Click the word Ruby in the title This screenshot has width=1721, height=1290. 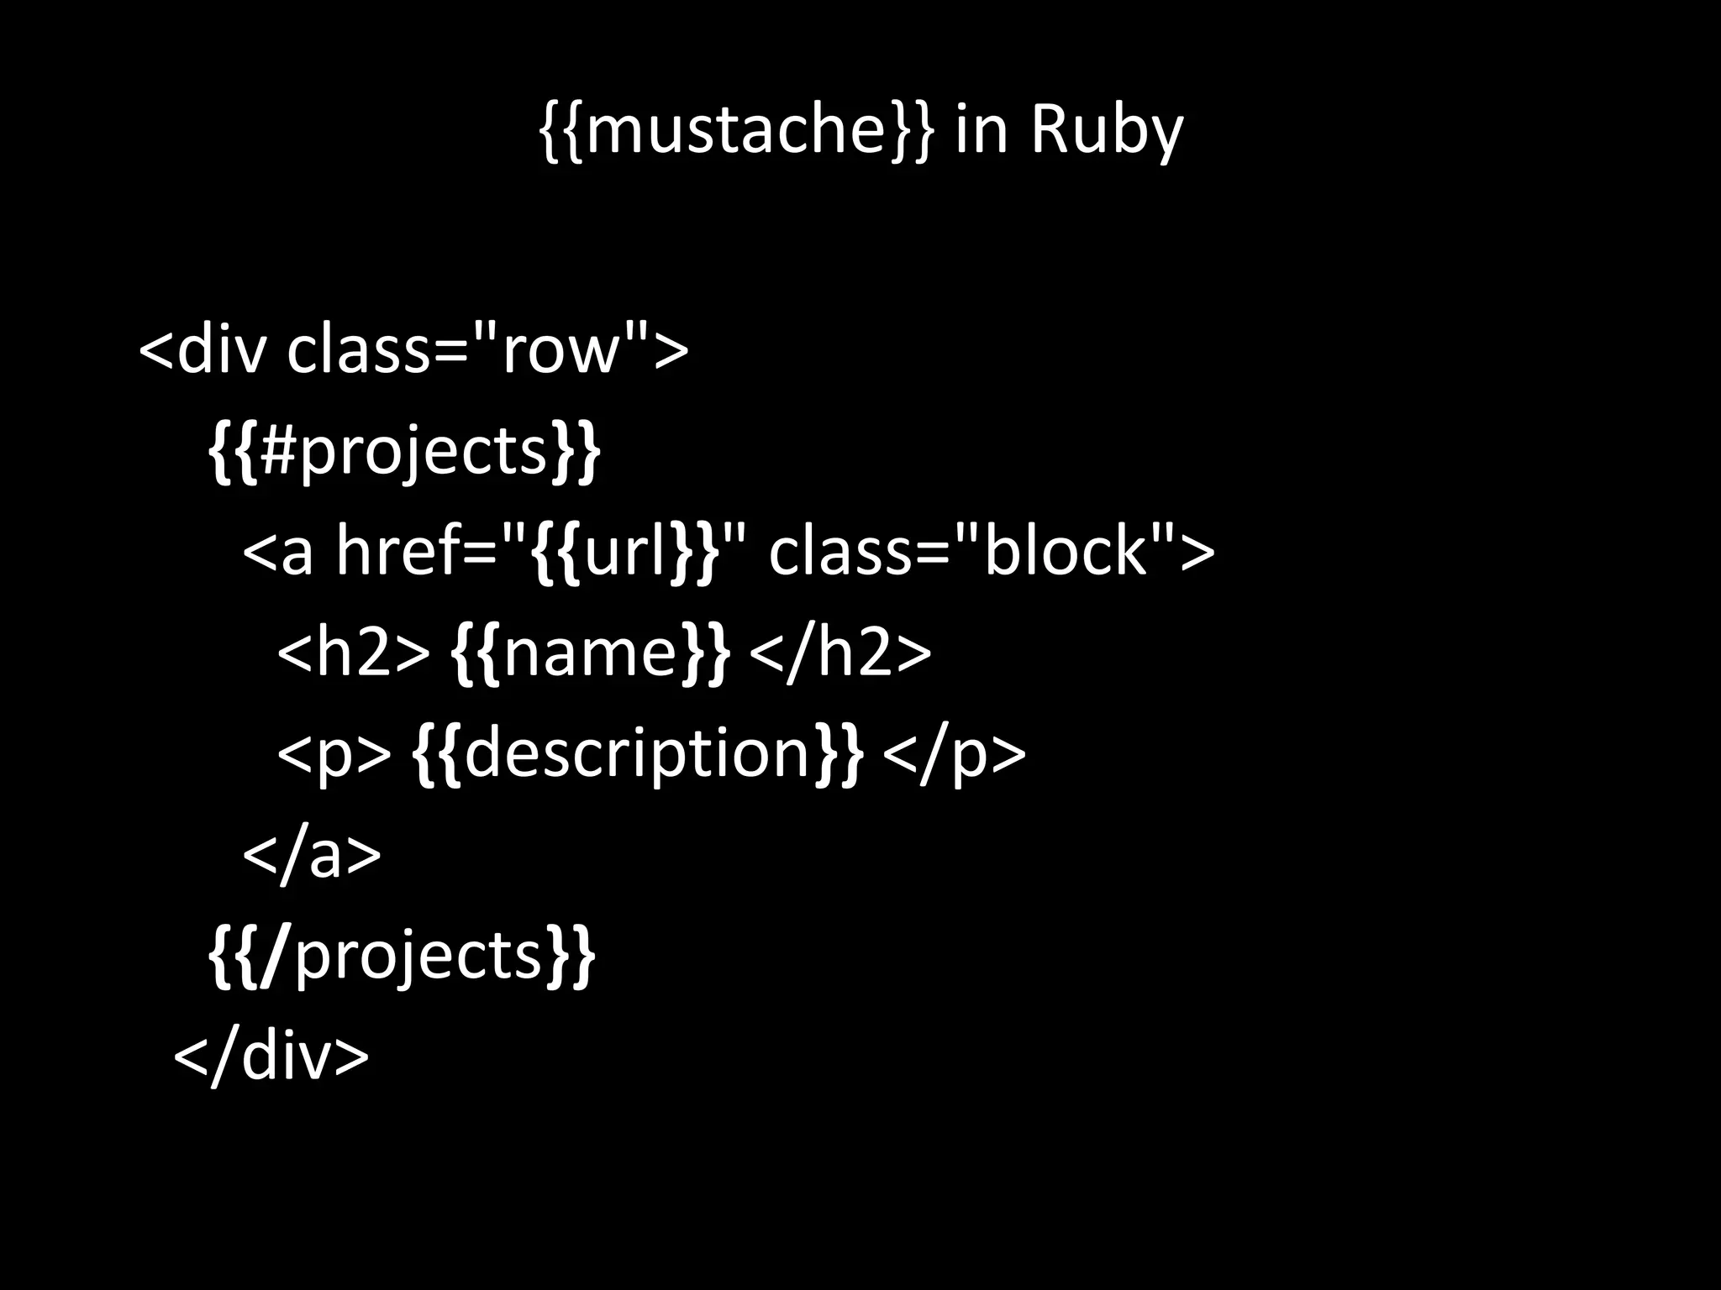1106,131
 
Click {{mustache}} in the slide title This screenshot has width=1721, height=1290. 735,131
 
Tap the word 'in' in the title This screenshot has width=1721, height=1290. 981,131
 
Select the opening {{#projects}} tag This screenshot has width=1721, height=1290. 404,452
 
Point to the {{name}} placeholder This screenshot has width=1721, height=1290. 591,653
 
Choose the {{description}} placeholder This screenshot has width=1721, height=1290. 638,753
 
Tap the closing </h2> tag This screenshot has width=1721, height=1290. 839,653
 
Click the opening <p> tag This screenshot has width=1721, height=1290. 334,753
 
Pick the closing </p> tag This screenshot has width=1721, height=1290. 955,753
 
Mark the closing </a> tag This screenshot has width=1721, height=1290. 312,855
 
